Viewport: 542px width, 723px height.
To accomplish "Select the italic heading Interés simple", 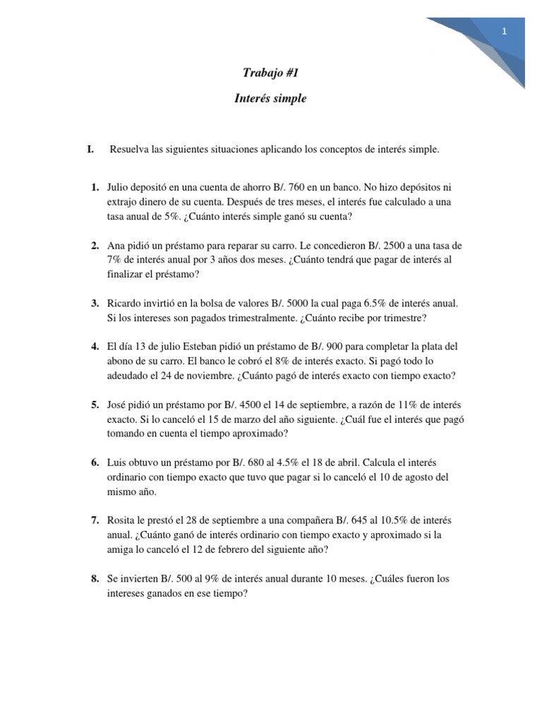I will click(270, 99).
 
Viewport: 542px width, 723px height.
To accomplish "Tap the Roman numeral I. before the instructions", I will click(90, 149).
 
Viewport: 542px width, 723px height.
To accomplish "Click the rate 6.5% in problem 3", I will click(386, 304).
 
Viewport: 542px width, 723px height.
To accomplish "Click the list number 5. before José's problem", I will click(95, 405).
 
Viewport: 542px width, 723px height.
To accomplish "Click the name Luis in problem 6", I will click(118, 462).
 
